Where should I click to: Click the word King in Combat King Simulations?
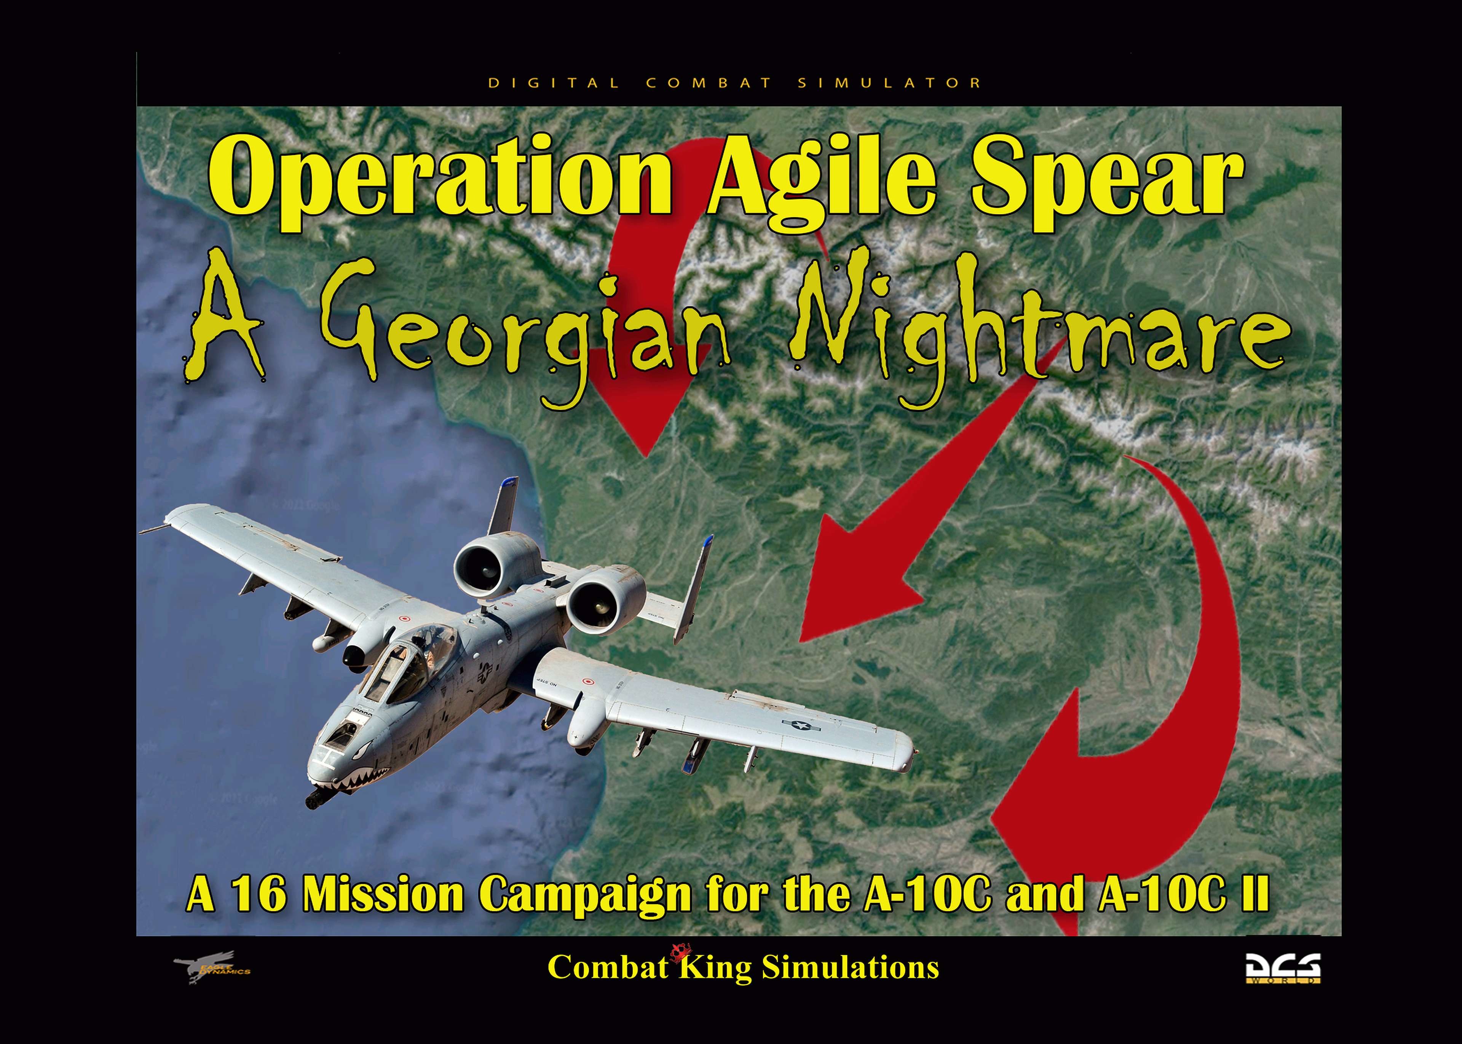pyautogui.click(x=715, y=967)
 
